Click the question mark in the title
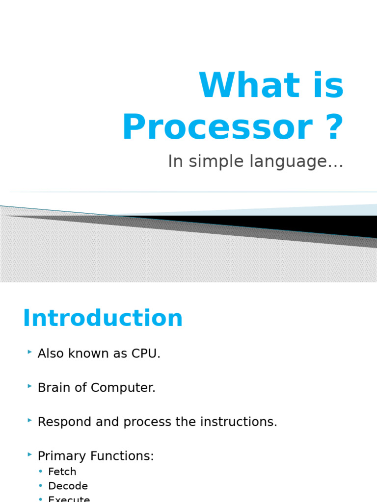click(x=333, y=127)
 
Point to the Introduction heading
click(x=103, y=319)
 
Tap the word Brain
click(x=55, y=388)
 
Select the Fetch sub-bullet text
click(x=62, y=472)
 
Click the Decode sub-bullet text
click(x=68, y=486)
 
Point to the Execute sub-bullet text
click(x=69, y=499)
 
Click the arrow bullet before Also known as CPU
click(x=30, y=352)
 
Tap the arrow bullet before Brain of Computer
click(x=30, y=386)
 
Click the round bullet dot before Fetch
click(x=41, y=472)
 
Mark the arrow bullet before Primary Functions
click(x=30, y=455)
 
